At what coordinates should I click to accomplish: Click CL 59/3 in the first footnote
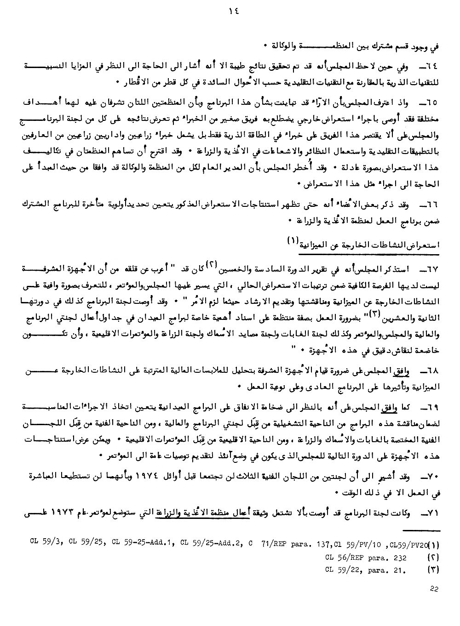(44, 545)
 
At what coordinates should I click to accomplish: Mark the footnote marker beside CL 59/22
(433, 570)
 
